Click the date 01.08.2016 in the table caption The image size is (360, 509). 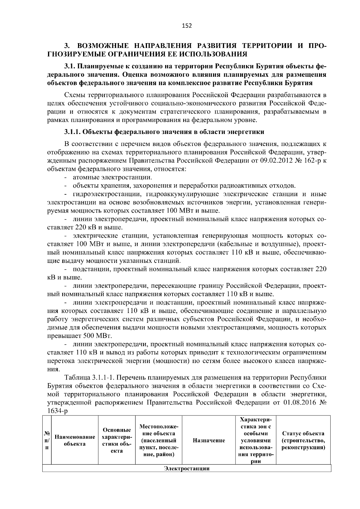pos(298,402)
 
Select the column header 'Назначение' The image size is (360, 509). pos(209,440)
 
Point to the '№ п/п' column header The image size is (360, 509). pos(47,440)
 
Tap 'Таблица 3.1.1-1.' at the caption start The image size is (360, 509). pos(85,377)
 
